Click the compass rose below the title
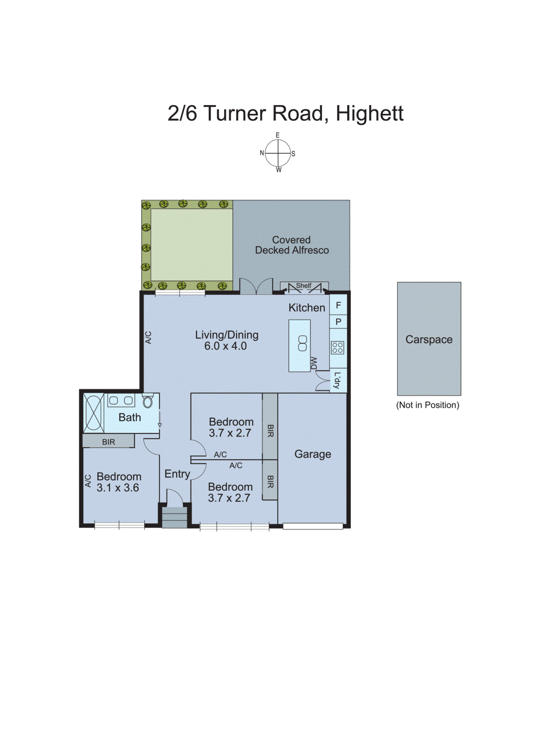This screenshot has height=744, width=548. coord(278,153)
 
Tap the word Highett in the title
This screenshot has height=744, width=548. coord(369,113)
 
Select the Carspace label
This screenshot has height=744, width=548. coord(429,339)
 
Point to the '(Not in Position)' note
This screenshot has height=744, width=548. coord(427,405)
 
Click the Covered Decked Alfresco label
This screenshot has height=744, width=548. coord(291,245)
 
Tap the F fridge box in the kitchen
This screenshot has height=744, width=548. coord(338,306)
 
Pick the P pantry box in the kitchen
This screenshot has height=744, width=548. coord(338,322)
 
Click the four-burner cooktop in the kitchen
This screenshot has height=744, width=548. coord(337,347)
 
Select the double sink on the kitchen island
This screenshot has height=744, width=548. coord(302,343)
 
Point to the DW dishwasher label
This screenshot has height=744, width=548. coord(314,363)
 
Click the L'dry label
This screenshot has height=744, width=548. coord(337,380)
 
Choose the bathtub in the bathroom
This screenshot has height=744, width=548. coord(93,413)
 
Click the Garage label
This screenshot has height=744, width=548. coord(312,454)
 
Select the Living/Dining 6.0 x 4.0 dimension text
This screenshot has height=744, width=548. coord(225,346)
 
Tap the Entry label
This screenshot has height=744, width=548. coord(177,474)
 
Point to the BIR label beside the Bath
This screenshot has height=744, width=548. coord(108,442)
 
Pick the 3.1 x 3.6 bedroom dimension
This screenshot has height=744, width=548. coord(118,488)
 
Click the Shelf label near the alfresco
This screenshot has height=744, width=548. coord(304,286)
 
